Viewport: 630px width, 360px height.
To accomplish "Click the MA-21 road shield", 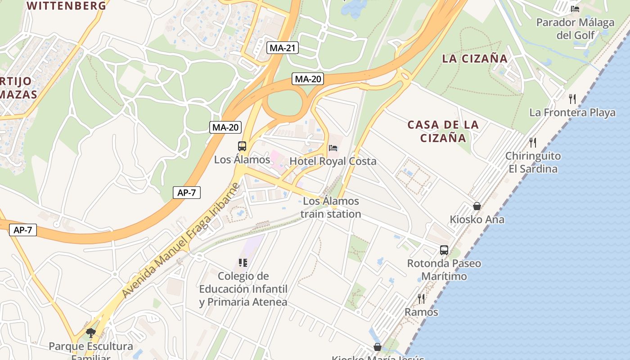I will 282,48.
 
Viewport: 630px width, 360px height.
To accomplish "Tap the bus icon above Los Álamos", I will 242,146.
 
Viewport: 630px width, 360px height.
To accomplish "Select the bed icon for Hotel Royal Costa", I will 333,147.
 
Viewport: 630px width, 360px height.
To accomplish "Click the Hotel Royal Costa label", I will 333,161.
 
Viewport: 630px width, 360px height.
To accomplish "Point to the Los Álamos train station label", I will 331,207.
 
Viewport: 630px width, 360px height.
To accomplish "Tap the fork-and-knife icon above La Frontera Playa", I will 572,99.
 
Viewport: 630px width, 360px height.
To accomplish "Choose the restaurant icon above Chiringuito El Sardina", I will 533,143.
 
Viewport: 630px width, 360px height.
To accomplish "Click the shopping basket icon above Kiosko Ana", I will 477,206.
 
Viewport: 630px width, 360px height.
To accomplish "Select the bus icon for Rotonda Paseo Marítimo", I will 444,250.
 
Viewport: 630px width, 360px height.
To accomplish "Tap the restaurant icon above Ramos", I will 421,298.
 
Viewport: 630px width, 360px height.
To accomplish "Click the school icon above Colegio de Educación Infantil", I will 243,262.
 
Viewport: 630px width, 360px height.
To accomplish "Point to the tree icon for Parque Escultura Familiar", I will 91,333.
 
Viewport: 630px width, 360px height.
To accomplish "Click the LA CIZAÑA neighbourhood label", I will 475,58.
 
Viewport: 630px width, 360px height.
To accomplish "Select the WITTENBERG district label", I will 67,6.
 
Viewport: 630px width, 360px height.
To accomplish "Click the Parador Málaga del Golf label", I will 575,28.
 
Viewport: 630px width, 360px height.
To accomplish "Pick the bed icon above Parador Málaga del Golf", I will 575,8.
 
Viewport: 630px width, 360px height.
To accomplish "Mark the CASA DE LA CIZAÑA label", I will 443,131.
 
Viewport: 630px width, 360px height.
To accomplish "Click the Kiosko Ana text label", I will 477,220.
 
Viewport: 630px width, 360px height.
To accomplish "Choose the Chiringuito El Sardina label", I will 533,162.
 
